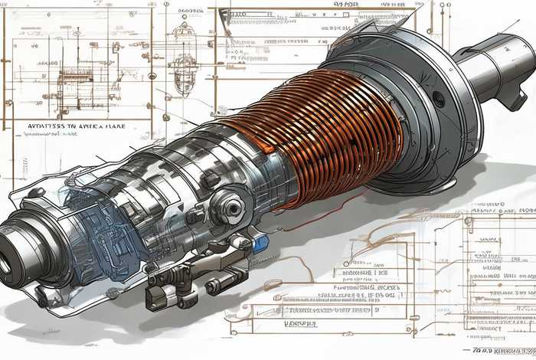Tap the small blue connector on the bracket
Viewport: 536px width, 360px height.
pyautogui.click(x=260, y=243)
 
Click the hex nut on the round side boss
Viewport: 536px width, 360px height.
pyautogui.click(x=231, y=207)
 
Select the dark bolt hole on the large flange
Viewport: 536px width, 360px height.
pyautogui.click(x=439, y=99)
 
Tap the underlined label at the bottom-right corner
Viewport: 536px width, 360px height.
pyautogui.click(x=502, y=350)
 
